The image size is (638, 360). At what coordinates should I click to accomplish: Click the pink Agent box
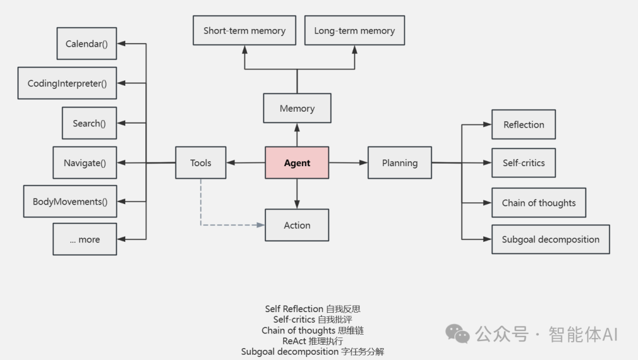click(297, 163)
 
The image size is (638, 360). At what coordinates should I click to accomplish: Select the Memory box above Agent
click(297, 108)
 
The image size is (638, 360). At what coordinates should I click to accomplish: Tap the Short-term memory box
click(244, 31)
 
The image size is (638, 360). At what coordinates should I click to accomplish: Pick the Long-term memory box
click(354, 31)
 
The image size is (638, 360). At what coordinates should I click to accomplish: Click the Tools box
click(200, 163)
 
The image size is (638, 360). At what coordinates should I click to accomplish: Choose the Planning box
click(399, 163)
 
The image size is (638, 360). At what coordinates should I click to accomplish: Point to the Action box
click(297, 225)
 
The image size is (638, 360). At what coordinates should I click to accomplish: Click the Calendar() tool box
click(87, 44)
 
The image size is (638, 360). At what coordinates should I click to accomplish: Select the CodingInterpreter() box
click(67, 83)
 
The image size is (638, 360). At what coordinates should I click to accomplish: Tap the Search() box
click(89, 123)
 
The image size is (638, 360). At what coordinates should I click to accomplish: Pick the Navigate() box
click(84, 163)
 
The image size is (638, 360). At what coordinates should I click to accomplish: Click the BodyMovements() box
click(70, 202)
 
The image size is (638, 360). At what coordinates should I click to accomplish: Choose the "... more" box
click(84, 239)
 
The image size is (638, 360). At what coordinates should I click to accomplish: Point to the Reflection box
click(523, 125)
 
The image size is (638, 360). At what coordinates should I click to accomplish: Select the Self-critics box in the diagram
click(523, 163)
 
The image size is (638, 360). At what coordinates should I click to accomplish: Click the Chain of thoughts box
click(538, 203)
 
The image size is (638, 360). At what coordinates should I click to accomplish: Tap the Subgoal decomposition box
click(550, 239)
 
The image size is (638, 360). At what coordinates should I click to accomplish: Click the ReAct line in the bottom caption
click(312, 341)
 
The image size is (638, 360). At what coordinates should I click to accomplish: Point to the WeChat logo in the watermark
click(457, 334)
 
